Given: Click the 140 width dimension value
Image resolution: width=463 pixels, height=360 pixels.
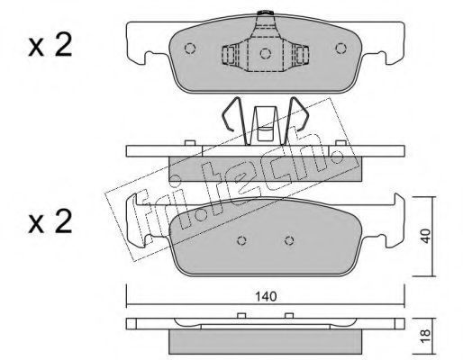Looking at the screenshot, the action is [x=266, y=297].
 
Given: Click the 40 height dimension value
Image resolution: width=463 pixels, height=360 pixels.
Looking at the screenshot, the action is [x=425, y=236].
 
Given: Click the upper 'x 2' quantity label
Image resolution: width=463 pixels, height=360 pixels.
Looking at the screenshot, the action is [x=50, y=45].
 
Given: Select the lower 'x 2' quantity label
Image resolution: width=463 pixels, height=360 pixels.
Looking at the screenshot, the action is [x=50, y=221].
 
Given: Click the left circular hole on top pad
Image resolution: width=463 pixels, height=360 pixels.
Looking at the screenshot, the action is [x=190, y=49].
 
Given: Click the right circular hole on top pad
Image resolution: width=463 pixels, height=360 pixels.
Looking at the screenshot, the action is [x=340, y=49].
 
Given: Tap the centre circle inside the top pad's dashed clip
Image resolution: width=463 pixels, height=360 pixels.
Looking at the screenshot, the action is [x=266, y=53].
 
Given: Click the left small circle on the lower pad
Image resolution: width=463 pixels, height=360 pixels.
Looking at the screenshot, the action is [x=241, y=240].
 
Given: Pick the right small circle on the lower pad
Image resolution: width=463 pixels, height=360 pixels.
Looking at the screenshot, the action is [x=289, y=240].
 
